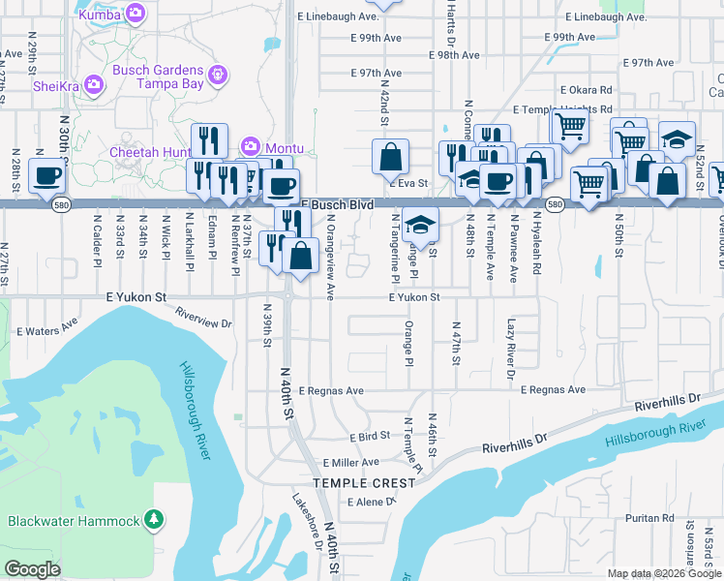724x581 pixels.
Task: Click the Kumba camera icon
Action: pos(136,14)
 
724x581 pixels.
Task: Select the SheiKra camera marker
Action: pos(94,84)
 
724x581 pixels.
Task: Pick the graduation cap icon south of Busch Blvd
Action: pos(420,225)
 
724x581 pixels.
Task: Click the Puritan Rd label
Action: pos(643,518)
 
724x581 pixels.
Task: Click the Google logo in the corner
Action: pos(32,569)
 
